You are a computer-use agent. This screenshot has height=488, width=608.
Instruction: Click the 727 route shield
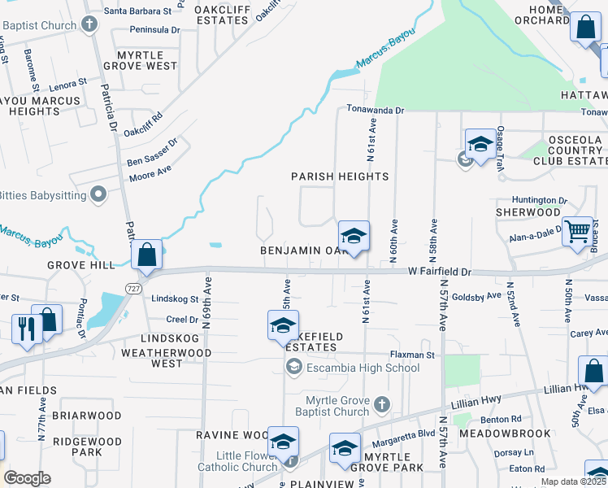[x=132, y=289]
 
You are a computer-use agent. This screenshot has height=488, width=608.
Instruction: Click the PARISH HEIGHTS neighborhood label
[x=340, y=176]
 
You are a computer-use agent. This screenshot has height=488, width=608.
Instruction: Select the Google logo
[x=27, y=477]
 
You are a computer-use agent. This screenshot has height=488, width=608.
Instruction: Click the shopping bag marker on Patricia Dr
[x=147, y=255]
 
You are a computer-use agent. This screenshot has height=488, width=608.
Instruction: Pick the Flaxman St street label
[x=412, y=355]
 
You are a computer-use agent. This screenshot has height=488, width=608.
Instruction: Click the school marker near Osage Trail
[x=480, y=144]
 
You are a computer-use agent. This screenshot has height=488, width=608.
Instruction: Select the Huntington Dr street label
[x=540, y=200]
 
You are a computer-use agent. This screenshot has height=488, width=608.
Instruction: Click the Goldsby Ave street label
[x=476, y=297]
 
